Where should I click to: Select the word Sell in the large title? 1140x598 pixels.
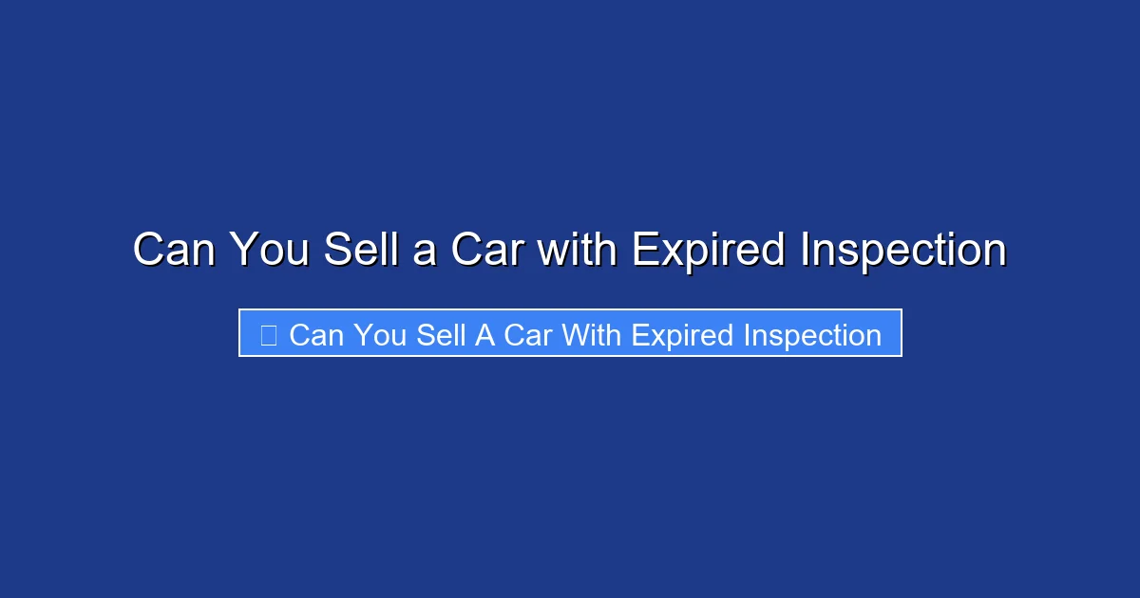(354, 251)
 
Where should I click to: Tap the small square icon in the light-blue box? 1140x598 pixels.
(268, 335)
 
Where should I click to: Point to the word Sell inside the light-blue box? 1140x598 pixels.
(441, 335)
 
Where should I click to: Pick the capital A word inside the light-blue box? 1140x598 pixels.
(485, 335)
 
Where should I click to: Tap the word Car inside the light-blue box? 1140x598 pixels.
(527, 335)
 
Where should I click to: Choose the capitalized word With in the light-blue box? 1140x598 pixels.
(591, 335)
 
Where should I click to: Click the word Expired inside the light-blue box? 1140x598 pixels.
(682, 336)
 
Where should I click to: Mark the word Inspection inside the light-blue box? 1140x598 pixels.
(812, 336)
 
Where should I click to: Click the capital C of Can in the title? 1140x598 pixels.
(147, 251)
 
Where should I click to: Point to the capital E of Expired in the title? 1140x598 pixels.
(643, 251)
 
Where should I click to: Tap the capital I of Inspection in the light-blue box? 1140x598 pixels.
(747, 335)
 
